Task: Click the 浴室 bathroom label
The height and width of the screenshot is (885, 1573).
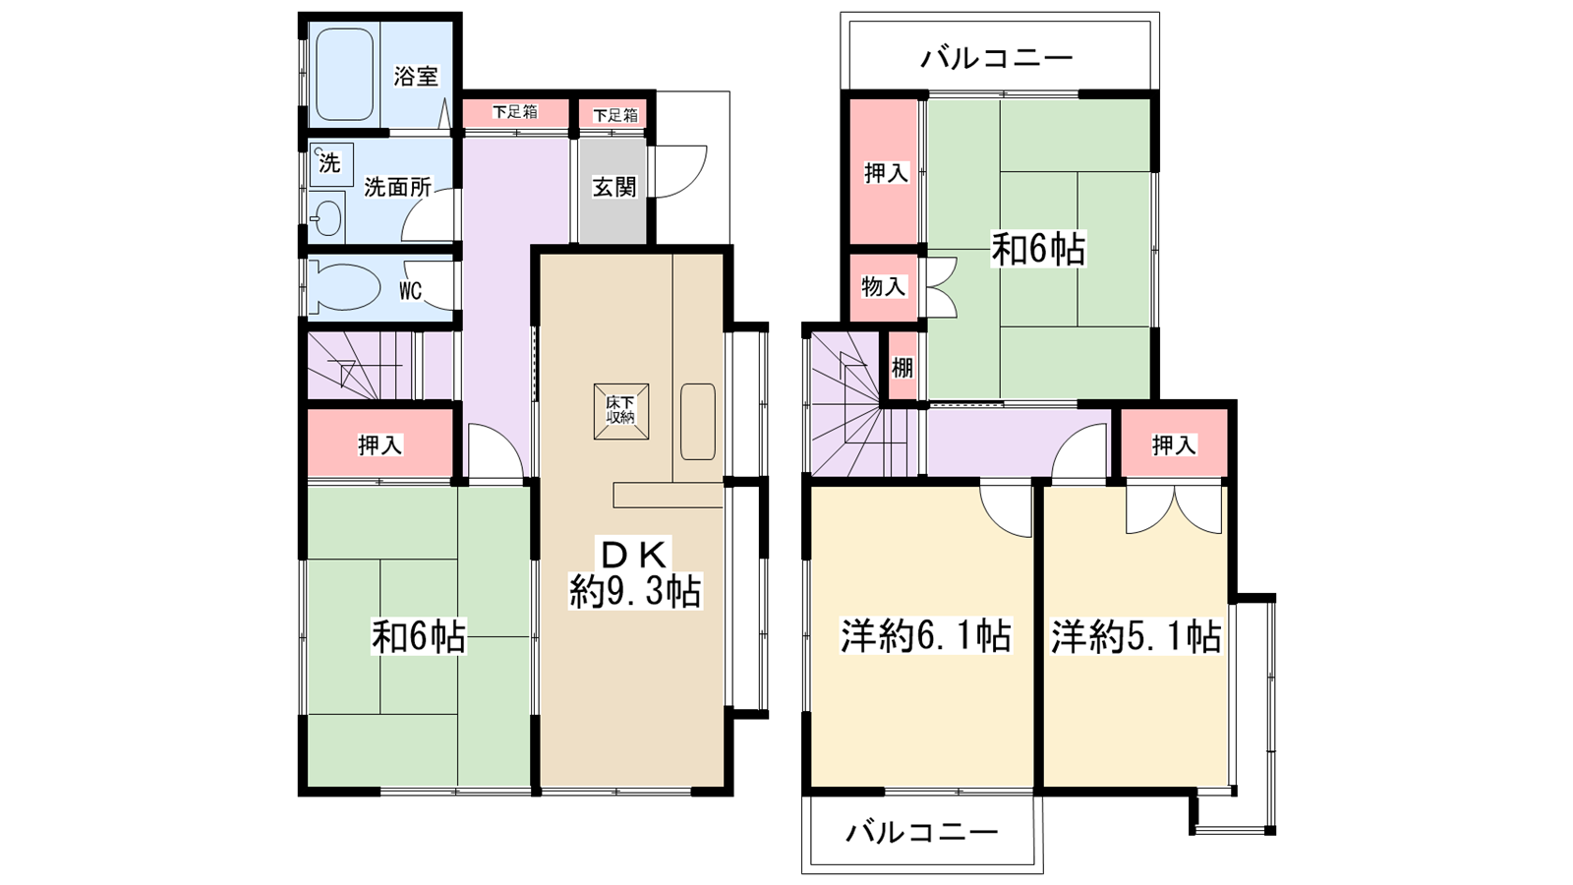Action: coord(416,76)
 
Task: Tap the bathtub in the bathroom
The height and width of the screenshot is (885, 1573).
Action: coord(344,75)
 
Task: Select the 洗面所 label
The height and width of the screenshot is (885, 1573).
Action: coord(397,187)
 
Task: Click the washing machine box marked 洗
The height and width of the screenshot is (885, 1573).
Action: coord(330,164)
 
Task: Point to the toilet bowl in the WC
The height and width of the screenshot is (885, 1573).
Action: coord(343,286)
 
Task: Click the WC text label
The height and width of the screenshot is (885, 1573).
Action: coord(410,290)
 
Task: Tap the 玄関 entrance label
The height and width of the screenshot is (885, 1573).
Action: coord(613,187)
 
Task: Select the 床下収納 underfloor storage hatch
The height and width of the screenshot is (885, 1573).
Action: coord(620,411)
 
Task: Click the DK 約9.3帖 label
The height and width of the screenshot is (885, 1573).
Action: coord(634,572)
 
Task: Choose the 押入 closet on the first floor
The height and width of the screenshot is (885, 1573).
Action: coord(379,443)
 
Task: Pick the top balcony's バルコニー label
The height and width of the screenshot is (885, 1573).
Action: coord(997,58)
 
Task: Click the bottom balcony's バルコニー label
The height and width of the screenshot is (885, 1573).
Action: coord(921,833)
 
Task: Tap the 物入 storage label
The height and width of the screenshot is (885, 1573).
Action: coord(884,286)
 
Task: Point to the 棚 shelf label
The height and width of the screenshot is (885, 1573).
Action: coord(903,368)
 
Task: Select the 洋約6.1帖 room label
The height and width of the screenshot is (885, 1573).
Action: coord(925,635)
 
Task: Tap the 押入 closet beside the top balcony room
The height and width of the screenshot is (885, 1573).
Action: coord(885,172)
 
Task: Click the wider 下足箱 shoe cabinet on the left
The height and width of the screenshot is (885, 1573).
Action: coord(515,112)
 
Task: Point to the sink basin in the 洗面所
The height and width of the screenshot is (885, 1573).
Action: coord(327,217)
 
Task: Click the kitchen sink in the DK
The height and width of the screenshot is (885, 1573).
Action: coord(698,422)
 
